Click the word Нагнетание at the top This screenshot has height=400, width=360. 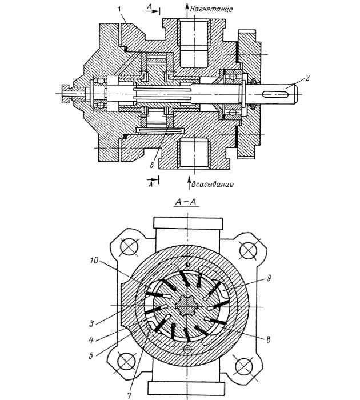(x=211, y=9)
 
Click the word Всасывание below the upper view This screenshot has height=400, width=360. (x=212, y=184)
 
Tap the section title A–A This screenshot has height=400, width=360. (x=186, y=202)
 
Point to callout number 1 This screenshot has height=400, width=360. (x=119, y=10)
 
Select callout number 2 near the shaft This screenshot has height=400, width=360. (x=307, y=78)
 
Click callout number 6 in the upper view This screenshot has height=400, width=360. (x=151, y=165)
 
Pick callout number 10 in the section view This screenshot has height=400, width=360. (x=94, y=261)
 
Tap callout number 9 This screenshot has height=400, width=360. (x=269, y=278)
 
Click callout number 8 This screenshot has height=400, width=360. (x=268, y=340)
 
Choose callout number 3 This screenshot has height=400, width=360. (x=91, y=324)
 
